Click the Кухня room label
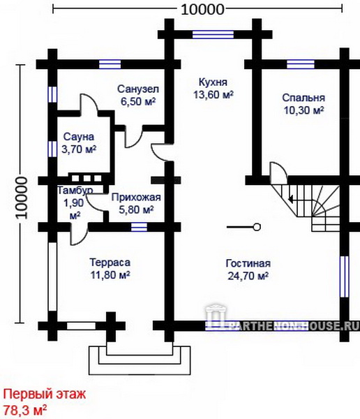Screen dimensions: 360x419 pyautogui.click(x=213, y=82)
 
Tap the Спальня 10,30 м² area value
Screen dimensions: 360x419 pyautogui.click(x=303, y=110)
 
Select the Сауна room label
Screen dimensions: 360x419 pyautogui.click(x=79, y=137)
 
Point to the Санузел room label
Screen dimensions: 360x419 pyautogui.click(x=138, y=89)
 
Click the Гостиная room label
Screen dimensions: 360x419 pyautogui.click(x=248, y=263)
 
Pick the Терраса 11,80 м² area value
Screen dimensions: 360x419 pyautogui.click(x=110, y=274)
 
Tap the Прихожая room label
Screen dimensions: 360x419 pyautogui.click(x=136, y=198)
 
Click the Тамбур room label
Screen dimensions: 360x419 pyautogui.click(x=75, y=190)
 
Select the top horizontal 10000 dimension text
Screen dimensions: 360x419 pyautogui.click(x=202, y=10)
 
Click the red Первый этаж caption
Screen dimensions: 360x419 pyautogui.click(x=45, y=394)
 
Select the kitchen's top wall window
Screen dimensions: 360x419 pyautogui.click(x=213, y=35)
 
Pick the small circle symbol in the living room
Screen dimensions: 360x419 pyautogui.click(x=257, y=227)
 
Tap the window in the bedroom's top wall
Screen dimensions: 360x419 pyautogui.click(x=301, y=64)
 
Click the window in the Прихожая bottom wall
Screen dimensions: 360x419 pyautogui.click(x=139, y=227)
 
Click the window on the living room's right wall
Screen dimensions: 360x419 pyautogui.click(x=345, y=277)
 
